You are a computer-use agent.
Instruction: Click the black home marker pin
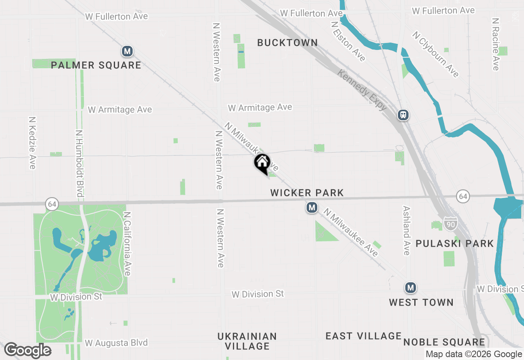(262, 163)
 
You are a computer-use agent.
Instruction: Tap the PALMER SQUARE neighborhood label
(96, 65)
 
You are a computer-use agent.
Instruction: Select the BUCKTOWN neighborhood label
(287, 43)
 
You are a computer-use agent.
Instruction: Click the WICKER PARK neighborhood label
(307, 193)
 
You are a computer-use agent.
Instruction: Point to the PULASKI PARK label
(454, 244)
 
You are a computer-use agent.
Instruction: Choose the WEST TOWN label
(421, 302)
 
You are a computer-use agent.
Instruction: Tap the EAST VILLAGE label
(364, 336)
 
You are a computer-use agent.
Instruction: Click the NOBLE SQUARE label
(444, 342)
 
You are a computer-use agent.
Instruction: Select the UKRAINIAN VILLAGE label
(247, 341)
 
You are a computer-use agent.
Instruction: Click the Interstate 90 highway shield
(450, 223)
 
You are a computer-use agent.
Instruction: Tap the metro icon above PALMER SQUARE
(127, 51)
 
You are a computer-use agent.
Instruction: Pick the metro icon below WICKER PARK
(312, 208)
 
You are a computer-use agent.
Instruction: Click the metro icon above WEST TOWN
(410, 288)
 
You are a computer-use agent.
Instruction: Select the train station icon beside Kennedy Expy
(403, 115)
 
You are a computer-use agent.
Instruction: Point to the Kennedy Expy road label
(362, 90)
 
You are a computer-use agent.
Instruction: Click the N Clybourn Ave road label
(436, 54)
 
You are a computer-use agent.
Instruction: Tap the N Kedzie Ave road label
(32, 143)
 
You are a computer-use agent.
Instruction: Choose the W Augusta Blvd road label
(116, 343)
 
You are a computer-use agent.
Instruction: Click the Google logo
(27, 350)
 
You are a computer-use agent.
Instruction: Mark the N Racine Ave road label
(496, 44)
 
